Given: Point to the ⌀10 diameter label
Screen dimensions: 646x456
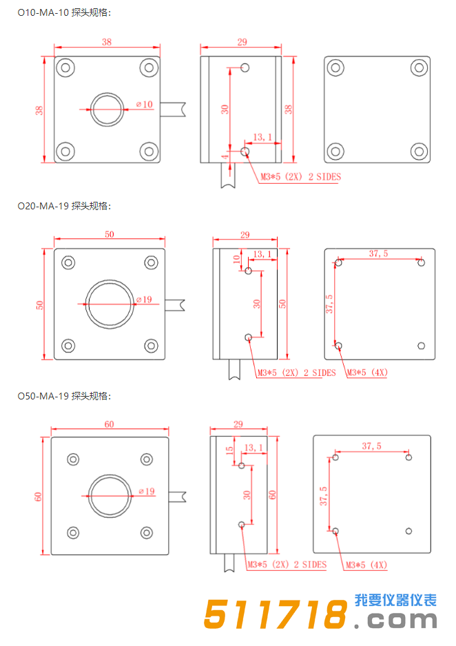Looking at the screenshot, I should coord(145,104).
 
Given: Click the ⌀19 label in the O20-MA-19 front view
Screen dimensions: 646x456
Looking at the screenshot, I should coord(145,299).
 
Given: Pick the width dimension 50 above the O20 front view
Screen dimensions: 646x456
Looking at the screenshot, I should coord(109,234).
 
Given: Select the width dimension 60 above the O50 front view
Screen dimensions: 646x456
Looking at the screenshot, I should coord(109,424).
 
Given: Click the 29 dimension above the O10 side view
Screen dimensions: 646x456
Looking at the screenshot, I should coord(242,43).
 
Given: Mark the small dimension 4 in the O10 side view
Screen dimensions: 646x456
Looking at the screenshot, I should coord(225,158).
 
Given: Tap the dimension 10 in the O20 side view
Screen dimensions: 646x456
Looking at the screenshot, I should coord(236,259).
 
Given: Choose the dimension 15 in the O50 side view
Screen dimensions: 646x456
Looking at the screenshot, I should coord(230,450).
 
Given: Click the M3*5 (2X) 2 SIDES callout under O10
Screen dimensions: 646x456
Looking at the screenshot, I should coord(300,177).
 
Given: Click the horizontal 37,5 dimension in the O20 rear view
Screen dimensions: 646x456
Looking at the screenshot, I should coord(378,253).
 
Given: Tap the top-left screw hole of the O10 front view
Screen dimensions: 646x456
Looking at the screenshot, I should coord(65,67).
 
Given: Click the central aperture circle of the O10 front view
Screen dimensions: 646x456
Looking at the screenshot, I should coord(107,109).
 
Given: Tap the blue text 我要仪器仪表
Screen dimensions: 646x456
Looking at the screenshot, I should coord(395,601).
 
